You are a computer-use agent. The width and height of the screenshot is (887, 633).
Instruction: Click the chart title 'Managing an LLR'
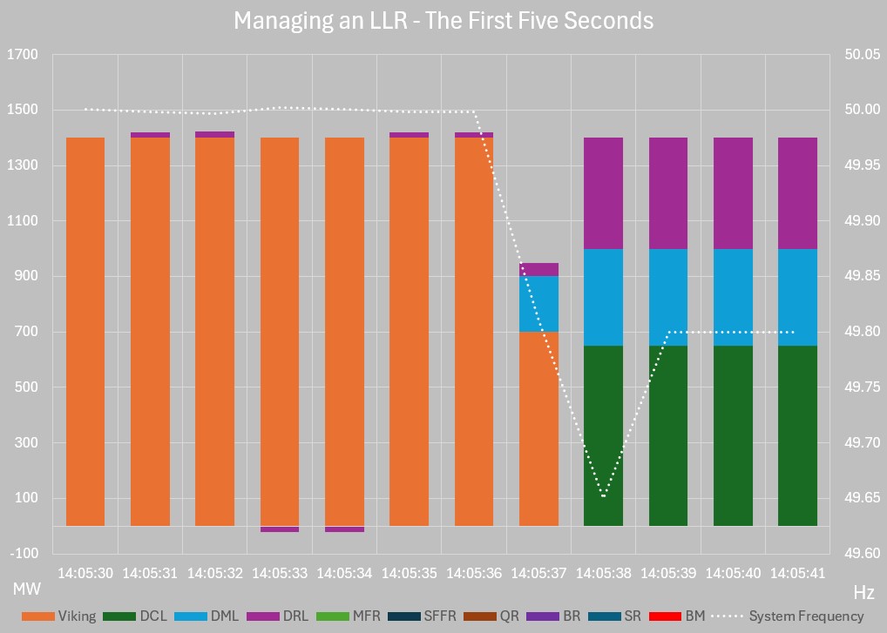(443, 20)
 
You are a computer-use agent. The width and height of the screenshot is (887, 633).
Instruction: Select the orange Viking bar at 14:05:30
(85, 331)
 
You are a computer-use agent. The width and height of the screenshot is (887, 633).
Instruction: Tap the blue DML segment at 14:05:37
(538, 304)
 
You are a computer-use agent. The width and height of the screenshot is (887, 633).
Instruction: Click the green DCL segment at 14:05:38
(603, 435)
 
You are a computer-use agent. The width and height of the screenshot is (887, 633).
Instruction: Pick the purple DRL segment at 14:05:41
(797, 193)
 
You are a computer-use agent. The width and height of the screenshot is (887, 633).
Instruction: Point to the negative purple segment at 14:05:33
(280, 529)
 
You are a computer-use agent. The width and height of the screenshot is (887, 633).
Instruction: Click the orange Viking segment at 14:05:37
(538, 428)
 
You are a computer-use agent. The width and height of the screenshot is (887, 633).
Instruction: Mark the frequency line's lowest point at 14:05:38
(603, 496)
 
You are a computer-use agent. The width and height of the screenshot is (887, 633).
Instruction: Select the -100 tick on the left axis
(24, 554)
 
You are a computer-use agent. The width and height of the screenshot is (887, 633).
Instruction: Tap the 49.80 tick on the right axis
(862, 332)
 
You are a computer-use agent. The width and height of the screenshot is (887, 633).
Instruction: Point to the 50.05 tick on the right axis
(862, 55)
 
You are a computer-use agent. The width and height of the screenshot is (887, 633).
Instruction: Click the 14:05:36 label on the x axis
(474, 573)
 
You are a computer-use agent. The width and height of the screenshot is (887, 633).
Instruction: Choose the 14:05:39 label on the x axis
(667, 573)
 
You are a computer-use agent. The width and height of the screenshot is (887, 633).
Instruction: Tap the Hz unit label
(863, 593)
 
